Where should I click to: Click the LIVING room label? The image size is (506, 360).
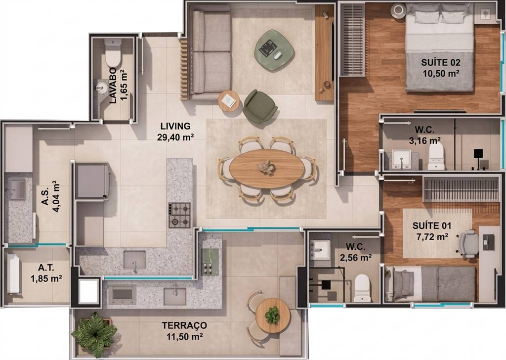pos(175,126)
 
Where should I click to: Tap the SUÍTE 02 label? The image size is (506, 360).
pos(441,62)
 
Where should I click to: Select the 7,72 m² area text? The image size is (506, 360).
pos(432,237)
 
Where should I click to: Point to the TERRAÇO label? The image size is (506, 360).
pos(184,325)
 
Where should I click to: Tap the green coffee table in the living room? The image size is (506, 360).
pos(274,50)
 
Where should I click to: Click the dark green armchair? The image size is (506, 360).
pos(260,106)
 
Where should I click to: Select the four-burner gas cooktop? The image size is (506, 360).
pos(179,215)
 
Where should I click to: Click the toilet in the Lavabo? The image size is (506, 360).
pos(113,52)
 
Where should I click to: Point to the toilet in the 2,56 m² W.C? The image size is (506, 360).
pos(362,288)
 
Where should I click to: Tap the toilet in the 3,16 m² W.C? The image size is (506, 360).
pos(436,156)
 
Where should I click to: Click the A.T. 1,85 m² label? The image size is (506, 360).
pos(46,273)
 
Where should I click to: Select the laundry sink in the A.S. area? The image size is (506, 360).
pos(17,189)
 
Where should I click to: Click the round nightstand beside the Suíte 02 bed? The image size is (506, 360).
pos(398,10)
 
